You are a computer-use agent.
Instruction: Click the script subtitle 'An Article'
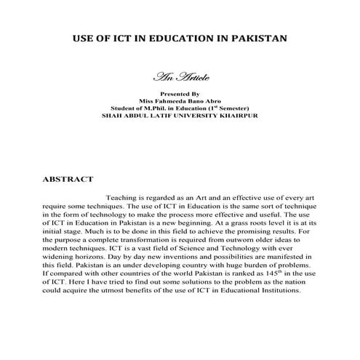[180, 76]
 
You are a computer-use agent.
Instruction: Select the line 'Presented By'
[180, 94]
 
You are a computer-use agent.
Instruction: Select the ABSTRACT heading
[68, 178]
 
